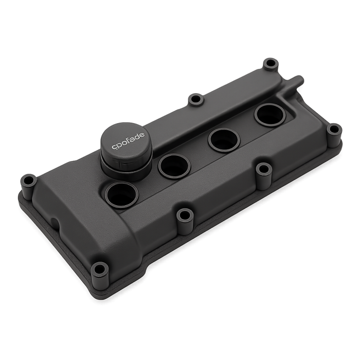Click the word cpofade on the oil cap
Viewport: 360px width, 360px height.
(128, 140)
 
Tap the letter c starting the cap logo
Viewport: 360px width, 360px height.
(114, 147)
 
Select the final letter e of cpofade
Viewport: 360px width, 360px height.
(143, 135)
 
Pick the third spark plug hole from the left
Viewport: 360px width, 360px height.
(224, 140)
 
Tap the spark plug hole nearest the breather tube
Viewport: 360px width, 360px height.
(271, 115)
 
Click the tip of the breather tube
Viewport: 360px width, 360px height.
(299, 79)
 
